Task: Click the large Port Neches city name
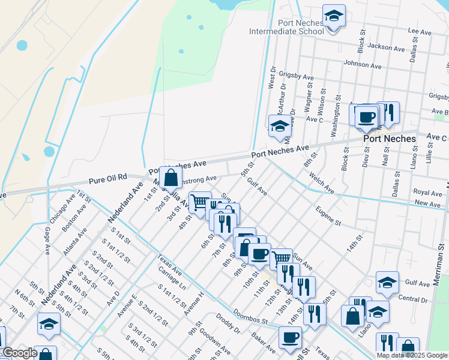pos(390,139)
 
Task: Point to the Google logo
pos(20,353)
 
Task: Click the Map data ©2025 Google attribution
pos(412,355)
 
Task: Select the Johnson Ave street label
pos(363,64)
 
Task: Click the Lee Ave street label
pos(420,30)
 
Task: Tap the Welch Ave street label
pos(321,182)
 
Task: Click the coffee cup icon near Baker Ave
pos(291,338)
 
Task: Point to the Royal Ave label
pos(427,193)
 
